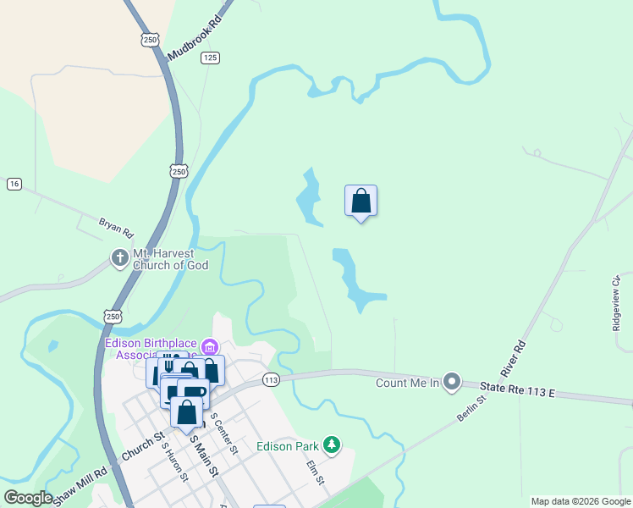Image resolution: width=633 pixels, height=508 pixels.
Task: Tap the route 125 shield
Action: (x=211, y=58)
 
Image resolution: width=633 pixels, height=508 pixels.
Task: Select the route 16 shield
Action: (x=14, y=184)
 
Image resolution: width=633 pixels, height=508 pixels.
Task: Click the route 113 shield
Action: (x=271, y=380)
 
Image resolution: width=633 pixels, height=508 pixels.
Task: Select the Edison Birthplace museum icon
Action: (x=209, y=347)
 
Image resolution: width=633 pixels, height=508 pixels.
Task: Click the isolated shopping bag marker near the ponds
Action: (x=361, y=201)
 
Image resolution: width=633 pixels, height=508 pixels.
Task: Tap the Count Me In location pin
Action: (x=451, y=383)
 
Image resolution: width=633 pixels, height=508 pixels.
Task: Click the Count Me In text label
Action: (x=408, y=384)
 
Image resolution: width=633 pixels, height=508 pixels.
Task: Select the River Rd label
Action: (x=514, y=358)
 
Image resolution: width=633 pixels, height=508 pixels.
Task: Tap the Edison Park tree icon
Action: (x=333, y=445)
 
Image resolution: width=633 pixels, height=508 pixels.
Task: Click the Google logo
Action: (x=29, y=498)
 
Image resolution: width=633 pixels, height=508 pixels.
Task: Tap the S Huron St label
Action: (x=174, y=463)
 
